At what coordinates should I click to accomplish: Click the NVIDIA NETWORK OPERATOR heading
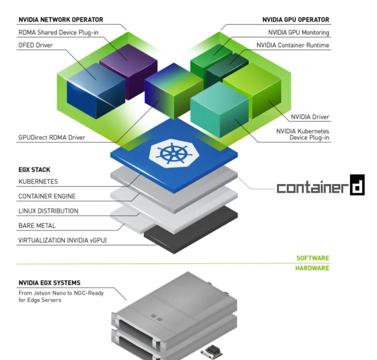tap(61, 20)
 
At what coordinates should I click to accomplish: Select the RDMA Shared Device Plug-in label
tap(58, 32)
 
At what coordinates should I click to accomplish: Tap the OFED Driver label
tap(36, 45)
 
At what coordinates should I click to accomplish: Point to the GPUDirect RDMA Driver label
tap(52, 138)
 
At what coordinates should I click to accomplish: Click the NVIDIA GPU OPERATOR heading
tap(296, 20)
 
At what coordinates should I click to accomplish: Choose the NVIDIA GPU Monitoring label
tap(298, 32)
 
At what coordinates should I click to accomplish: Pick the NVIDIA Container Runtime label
tap(293, 45)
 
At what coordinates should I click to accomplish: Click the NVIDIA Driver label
tap(310, 117)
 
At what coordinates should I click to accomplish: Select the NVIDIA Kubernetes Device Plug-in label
tap(302, 134)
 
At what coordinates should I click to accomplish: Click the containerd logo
tap(320, 185)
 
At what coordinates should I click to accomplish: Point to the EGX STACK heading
tap(34, 170)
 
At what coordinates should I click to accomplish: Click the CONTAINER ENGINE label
tap(47, 196)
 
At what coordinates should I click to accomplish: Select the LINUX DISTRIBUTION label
tap(48, 211)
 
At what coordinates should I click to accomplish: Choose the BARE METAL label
tap(37, 226)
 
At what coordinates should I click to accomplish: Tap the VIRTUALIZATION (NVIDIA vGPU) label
tap(62, 240)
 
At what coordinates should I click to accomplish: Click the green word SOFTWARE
tap(313, 258)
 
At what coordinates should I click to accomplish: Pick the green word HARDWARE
tap(312, 268)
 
